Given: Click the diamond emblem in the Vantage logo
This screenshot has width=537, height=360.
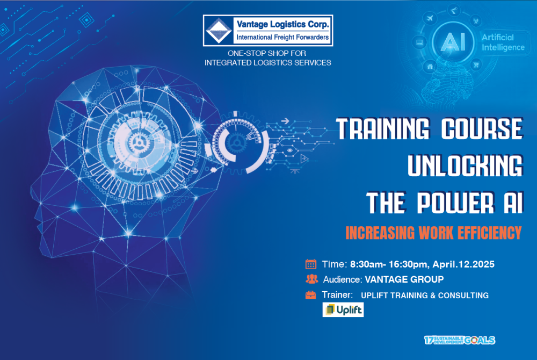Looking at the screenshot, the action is click(218, 31).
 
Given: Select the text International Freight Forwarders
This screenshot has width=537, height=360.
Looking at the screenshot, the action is click(282, 37).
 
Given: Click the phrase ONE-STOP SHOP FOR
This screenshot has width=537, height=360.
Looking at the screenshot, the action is click(267, 53).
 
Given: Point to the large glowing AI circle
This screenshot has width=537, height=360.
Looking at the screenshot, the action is click(453, 42).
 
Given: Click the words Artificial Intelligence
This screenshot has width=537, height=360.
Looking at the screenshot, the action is click(503, 42).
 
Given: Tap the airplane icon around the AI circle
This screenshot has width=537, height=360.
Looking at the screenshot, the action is click(430, 18).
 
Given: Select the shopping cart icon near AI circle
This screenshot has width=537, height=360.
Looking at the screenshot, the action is click(476, 64).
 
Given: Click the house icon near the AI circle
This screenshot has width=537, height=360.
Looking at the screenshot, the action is click(430, 67).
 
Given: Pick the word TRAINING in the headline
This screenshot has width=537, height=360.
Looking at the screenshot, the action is click(382, 129).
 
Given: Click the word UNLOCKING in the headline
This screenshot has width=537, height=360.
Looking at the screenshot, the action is click(465, 166).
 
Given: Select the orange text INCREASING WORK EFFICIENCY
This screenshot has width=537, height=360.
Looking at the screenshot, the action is click(433, 233).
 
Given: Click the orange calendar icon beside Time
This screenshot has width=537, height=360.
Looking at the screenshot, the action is click(310, 264).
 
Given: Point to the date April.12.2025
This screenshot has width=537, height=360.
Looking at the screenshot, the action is click(463, 264).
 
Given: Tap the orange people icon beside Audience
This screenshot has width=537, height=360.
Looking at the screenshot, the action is click(311, 279).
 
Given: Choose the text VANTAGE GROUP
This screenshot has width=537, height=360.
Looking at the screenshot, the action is click(404, 279).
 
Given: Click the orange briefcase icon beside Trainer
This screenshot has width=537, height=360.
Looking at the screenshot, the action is click(310, 294).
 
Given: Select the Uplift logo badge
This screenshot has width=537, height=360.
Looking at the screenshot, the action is click(343, 309).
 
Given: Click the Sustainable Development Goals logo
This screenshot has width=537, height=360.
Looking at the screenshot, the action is click(459, 340).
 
